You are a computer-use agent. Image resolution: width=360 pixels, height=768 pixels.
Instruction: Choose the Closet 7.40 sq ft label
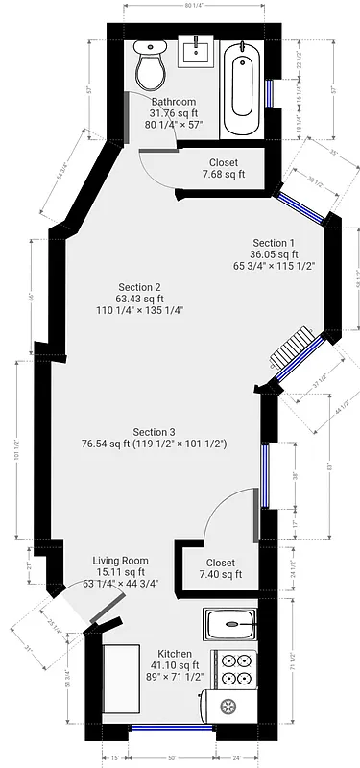221,568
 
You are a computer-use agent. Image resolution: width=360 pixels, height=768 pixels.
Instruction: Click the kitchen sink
230,626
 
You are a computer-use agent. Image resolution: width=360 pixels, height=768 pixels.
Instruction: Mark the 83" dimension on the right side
328,467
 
